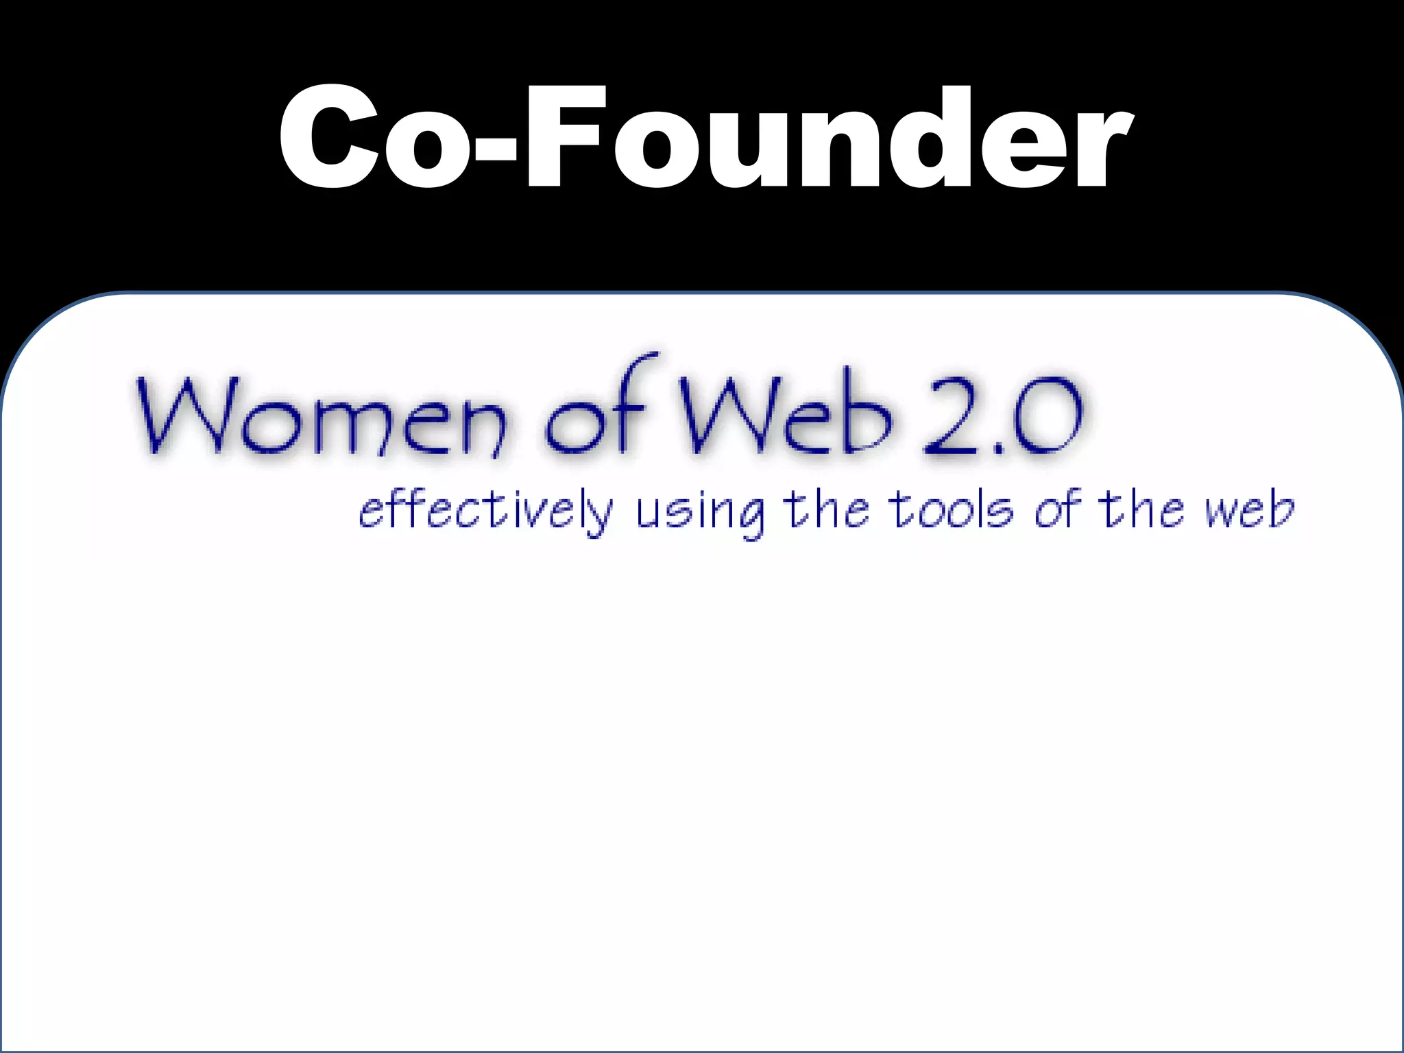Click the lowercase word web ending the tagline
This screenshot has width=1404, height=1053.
(x=1249, y=511)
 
